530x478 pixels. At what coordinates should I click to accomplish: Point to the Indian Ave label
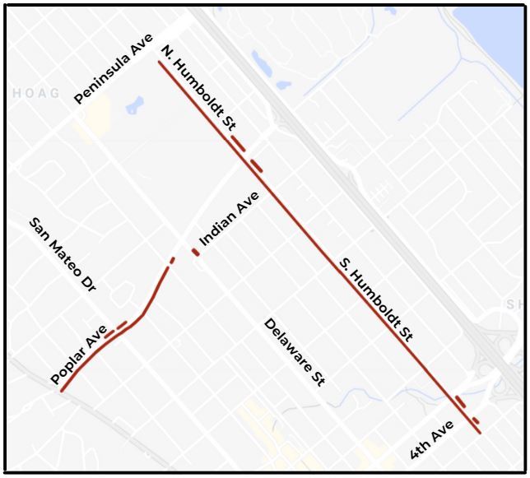coord(230,219)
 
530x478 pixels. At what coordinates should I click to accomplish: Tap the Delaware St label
coord(295,352)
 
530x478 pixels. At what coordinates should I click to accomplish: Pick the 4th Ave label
coord(432,441)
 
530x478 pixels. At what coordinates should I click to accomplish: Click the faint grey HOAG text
coord(36,94)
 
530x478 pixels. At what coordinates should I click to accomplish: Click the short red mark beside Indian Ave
coord(196,252)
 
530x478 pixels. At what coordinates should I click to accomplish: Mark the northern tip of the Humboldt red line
coord(160,62)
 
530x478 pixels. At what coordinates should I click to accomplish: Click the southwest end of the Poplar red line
coord(62,391)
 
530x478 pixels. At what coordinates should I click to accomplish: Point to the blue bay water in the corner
coord(503,25)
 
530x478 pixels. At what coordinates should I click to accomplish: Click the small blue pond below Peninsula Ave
coord(134,105)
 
